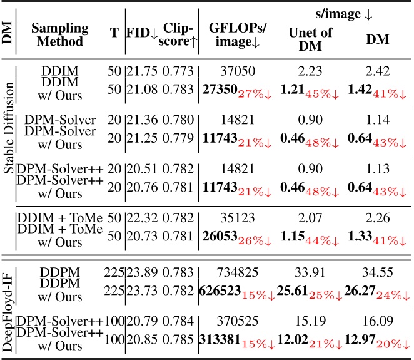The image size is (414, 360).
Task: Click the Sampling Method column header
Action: coord(59,36)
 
